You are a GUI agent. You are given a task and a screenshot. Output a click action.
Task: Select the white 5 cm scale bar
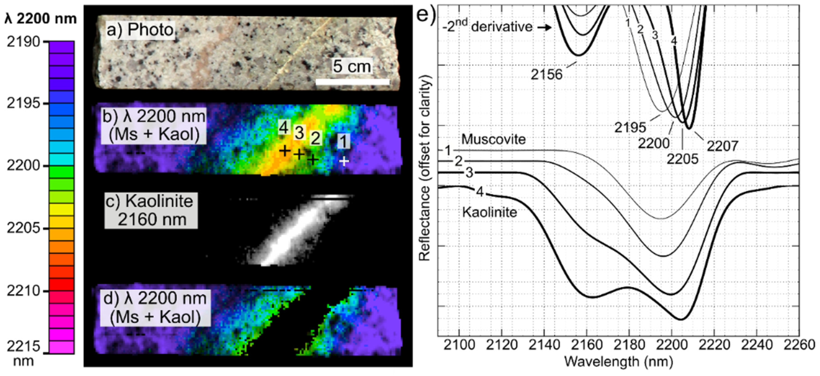[352, 82]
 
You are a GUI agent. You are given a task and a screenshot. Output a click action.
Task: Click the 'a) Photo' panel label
[140, 30]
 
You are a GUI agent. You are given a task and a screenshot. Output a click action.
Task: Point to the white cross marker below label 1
[344, 161]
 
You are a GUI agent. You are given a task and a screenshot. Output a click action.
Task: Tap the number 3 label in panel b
[299, 132]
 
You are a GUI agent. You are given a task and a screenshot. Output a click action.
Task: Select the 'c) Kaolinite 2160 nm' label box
[151, 210]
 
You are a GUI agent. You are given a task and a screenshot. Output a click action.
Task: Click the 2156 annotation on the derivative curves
[547, 74]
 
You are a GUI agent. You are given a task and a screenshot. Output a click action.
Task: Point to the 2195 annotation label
[630, 128]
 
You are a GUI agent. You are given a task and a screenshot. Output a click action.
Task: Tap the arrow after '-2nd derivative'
[545, 28]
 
